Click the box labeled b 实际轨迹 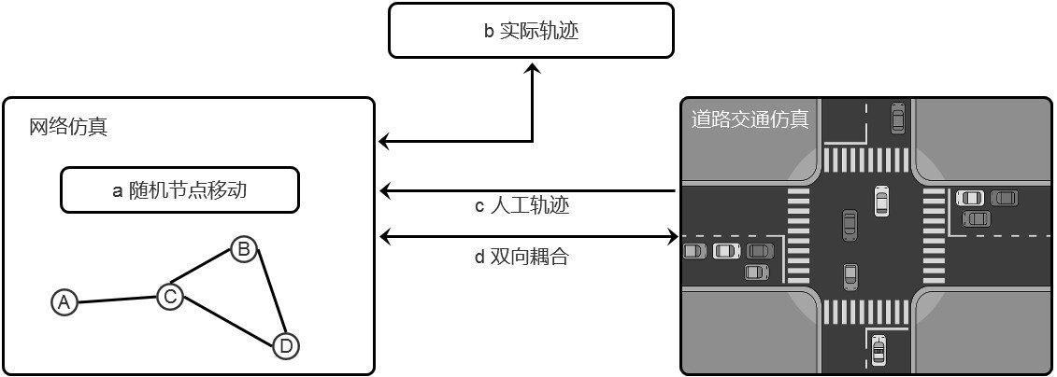coord(531,31)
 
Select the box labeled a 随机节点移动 coord(179,190)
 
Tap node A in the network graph coord(64,301)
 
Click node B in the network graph coord(243,249)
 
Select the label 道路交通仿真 coord(750,119)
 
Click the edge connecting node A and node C coord(117,300)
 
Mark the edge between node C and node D coord(228,322)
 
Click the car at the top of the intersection coord(897,118)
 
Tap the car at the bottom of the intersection coord(878,351)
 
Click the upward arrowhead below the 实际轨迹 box coord(534,70)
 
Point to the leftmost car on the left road coord(694,251)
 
